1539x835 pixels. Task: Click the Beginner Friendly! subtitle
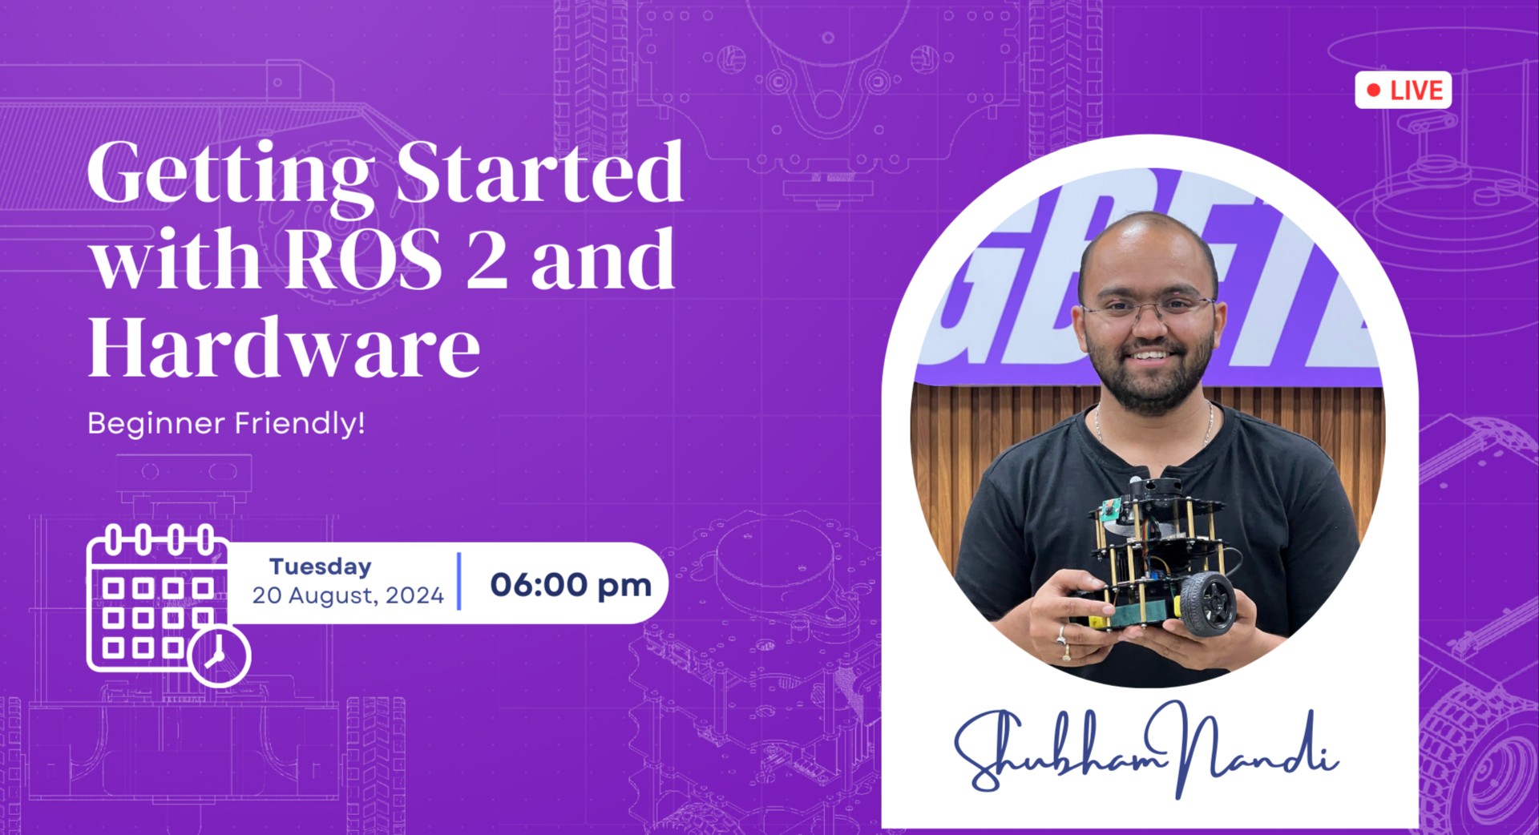pos(226,423)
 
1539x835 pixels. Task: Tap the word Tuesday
pos(321,567)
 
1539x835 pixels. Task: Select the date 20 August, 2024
pos(348,595)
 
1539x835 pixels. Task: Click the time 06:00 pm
pos(571,584)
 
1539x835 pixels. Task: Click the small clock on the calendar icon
pos(219,655)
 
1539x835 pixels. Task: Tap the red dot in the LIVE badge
pos(1374,90)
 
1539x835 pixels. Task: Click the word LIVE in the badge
pos(1416,90)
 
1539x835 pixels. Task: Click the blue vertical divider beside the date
pos(459,581)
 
